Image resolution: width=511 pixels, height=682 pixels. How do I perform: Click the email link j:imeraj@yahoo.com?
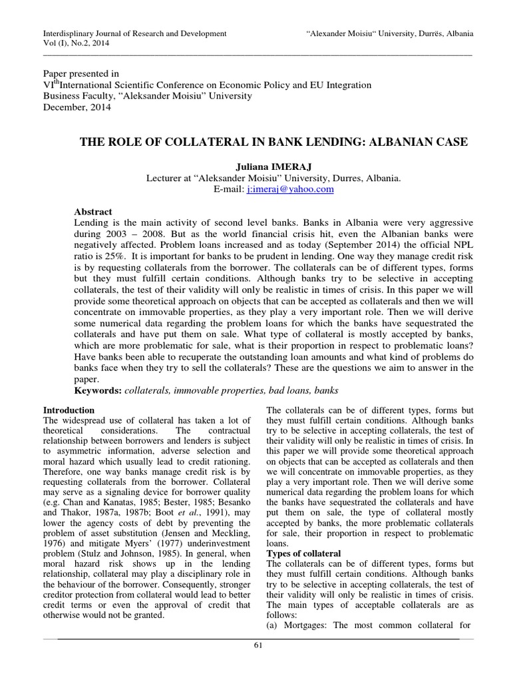[x=290, y=189]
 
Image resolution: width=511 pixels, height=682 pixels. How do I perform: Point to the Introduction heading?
[x=69, y=410]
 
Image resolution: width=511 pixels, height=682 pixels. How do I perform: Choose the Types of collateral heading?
[x=303, y=554]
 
